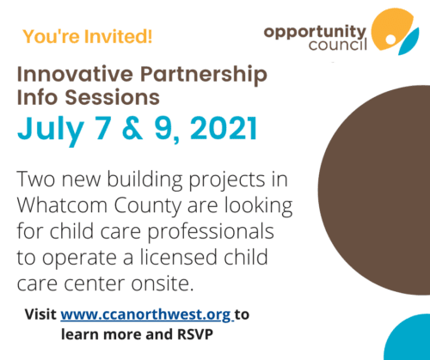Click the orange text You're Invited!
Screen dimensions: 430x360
point(88,37)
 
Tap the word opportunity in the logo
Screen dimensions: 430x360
point(315,32)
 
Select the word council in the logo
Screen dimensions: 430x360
point(338,45)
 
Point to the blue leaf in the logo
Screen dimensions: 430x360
point(408,42)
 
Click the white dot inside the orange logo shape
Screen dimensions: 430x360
point(390,40)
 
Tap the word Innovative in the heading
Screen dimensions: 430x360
point(75,74)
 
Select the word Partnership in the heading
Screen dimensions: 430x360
point(204,76)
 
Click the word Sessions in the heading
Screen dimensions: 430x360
point(112,97)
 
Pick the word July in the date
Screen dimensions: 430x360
point(51,130)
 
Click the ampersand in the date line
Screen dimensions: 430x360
point(132,128)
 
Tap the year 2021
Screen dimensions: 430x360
point(224,128)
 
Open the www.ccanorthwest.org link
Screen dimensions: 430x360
point(146,315)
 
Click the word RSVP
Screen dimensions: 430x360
point(195,334)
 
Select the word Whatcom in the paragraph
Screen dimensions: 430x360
point(62,205)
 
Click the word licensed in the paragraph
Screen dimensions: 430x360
point(179,257)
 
